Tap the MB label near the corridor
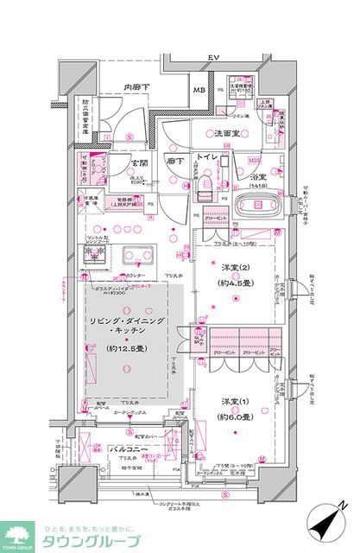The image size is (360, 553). click(x=199, y=91)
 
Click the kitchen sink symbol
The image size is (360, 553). click(x=139, y=256)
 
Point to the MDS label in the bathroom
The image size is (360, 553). click(x=254, y=160)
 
